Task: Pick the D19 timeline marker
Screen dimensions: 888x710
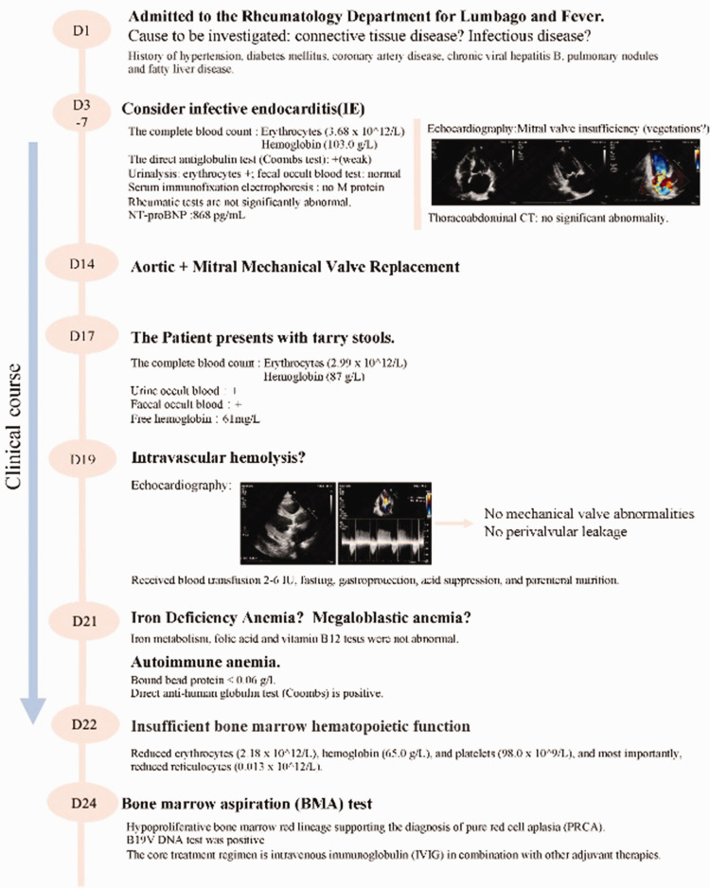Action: tap(83, 460)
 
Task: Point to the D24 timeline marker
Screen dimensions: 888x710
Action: tap(83, 805)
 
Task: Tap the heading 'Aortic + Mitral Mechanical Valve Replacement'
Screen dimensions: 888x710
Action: tap(294, 267)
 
